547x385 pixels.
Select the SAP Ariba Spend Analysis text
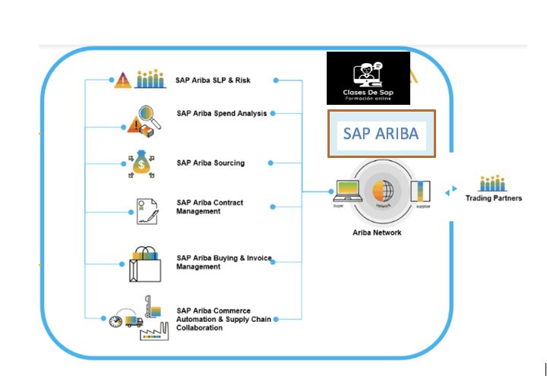click(x=221, y=114)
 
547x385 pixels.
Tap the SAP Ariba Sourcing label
click(x=210, y=163)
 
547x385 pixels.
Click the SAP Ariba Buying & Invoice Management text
click(x=223, y=262)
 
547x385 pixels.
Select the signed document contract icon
click(x=147, y=211)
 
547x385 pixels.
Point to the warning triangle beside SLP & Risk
click(x=122, y=80)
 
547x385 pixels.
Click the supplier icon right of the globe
click(x=419, y=192)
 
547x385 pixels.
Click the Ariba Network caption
click(x=377, y=232)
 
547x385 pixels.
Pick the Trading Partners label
click(x=494, y=198)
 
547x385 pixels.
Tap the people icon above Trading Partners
click(x=493, y=183)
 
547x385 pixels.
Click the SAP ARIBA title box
click(x=381, y=134)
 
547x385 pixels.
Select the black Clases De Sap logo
click(x=368, y=78)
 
